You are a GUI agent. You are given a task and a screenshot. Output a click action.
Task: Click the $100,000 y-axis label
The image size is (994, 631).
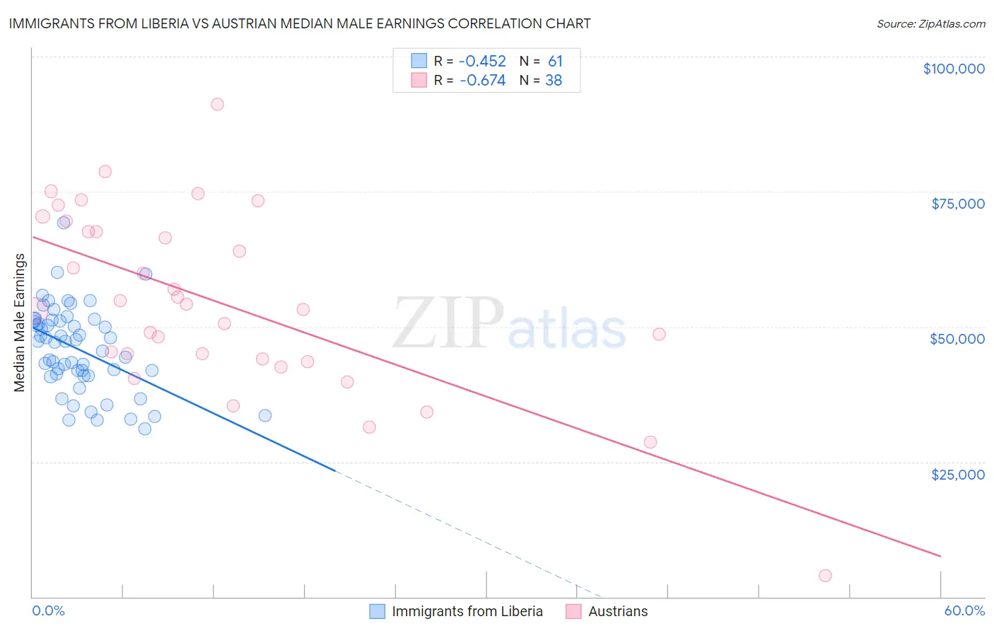[x=954, y=69]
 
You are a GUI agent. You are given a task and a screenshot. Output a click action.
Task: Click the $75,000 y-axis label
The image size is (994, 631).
[x=958, y=204]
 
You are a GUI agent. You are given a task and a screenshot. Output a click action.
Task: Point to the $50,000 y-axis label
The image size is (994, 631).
[x=957, y=339]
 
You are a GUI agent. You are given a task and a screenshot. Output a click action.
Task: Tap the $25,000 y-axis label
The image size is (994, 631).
[x=958, y=474]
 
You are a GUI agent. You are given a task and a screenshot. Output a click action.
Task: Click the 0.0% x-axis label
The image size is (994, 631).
[x=48, y=610]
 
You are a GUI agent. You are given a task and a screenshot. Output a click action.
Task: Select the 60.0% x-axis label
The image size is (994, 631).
[x=964, y=610]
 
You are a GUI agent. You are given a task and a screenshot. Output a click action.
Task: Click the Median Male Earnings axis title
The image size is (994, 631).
[x=20, y=323]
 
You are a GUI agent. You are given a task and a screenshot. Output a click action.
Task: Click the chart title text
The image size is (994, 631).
[x=300, y=23]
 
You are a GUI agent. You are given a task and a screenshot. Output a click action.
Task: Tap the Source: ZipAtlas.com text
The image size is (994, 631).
[x=930, y=24]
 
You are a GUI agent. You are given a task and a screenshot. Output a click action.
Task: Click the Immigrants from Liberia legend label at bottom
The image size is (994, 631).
[x=467, y=611]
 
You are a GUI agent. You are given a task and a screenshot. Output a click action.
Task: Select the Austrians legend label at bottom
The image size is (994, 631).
[x=618, y=611]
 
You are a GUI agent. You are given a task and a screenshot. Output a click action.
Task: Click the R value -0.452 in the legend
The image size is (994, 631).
[x=483, y=61]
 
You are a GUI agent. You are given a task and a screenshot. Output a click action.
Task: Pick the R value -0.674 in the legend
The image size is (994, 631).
[x=483, y=81]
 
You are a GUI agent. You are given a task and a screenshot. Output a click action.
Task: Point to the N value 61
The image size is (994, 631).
[x=555, y=61]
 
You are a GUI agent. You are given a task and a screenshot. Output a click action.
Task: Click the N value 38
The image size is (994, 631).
[x=554, y=81]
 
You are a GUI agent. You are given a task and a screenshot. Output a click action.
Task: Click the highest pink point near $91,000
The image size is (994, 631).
[x=217, y=104]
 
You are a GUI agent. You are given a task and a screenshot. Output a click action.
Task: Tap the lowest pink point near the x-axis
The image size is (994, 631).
[x=825, y=576]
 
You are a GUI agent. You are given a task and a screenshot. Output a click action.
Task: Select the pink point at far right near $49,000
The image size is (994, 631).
[x=659, y=334]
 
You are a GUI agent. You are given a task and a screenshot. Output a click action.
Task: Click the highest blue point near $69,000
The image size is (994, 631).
[x=64, y=222]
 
